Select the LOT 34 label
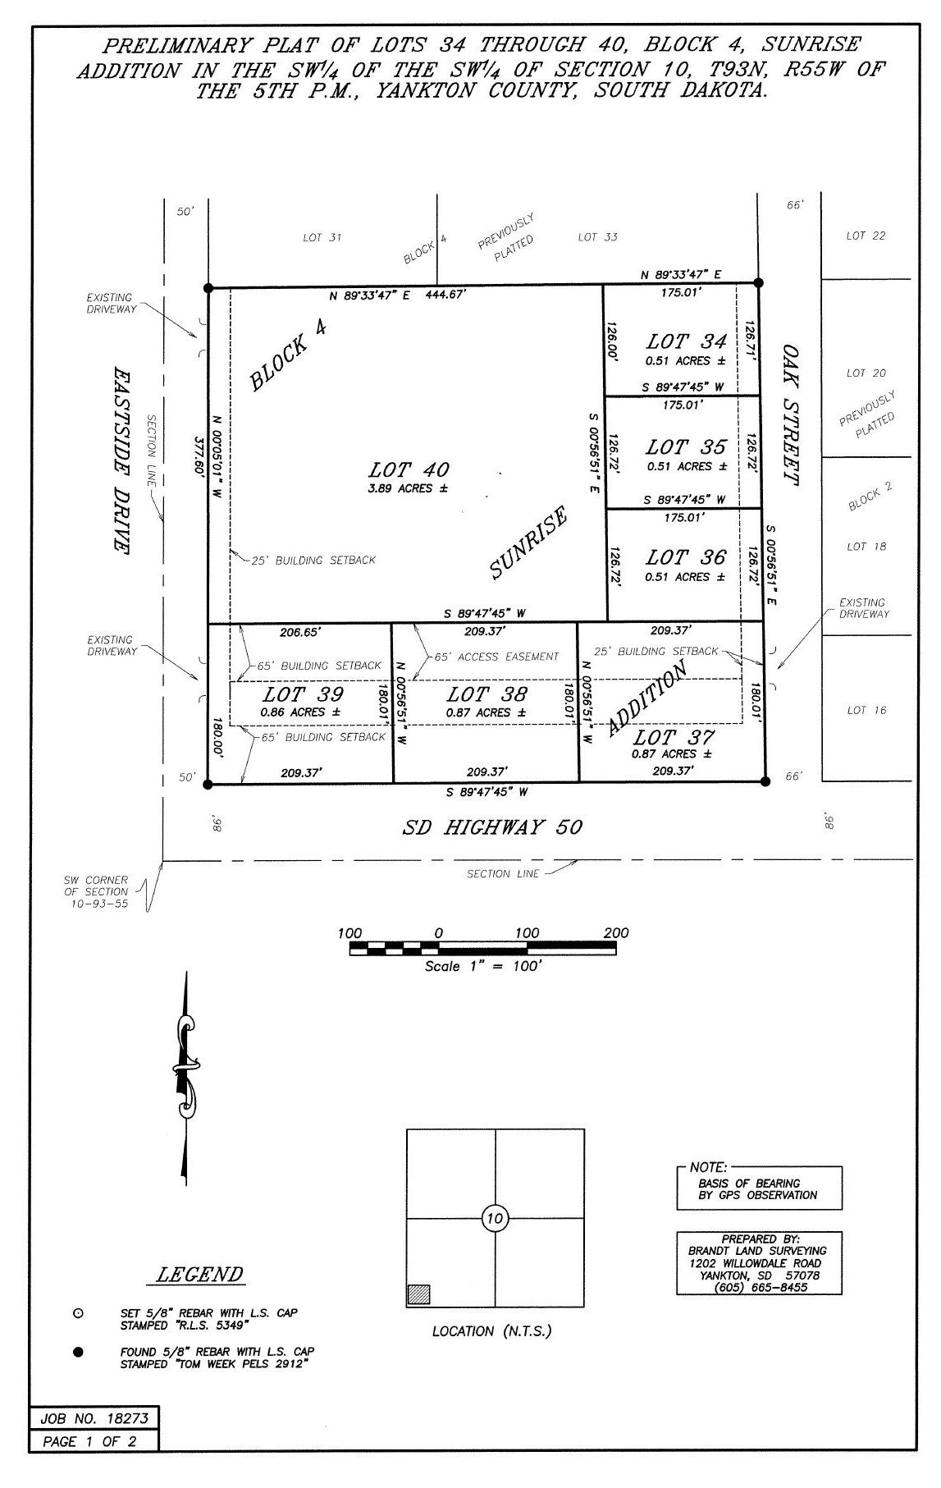pos(686,341)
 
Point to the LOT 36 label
pos(686,557)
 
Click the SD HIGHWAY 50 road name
pos(492,827)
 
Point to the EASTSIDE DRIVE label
pos(121,460)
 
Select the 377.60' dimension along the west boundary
pos(197,455)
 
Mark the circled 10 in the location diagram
pos(495,1218)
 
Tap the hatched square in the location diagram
pos(418,1293)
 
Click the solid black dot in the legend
pos(79,1353)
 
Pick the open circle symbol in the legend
pos(79,1313)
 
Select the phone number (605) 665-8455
pos(761,1287)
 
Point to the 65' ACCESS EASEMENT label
pos(496,657)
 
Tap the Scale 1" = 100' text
pos(482,966)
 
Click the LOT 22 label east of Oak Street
pos(866,236)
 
